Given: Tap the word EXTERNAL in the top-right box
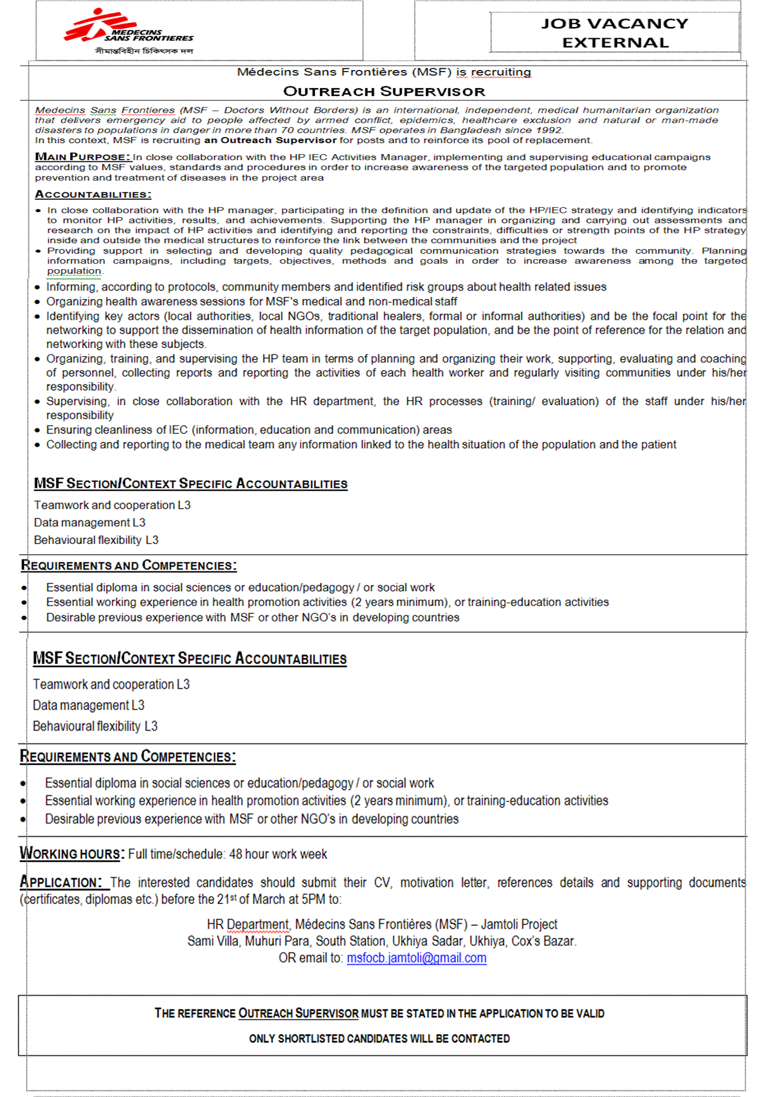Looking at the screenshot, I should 615,43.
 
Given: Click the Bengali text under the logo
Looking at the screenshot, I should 144,51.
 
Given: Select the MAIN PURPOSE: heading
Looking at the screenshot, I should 82,157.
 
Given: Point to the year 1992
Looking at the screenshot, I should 549,130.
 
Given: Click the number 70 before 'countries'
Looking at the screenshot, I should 287,130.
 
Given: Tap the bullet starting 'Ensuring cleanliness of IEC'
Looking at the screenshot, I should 249,430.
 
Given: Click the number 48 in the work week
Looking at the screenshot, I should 236,854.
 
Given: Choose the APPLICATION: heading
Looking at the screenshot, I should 61,883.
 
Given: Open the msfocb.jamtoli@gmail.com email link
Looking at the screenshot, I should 416,958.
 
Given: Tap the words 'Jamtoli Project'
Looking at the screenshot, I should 519,924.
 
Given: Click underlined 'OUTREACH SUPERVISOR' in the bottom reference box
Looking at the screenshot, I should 298,1013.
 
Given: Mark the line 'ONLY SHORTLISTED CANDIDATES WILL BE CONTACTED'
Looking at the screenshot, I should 379,1039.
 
